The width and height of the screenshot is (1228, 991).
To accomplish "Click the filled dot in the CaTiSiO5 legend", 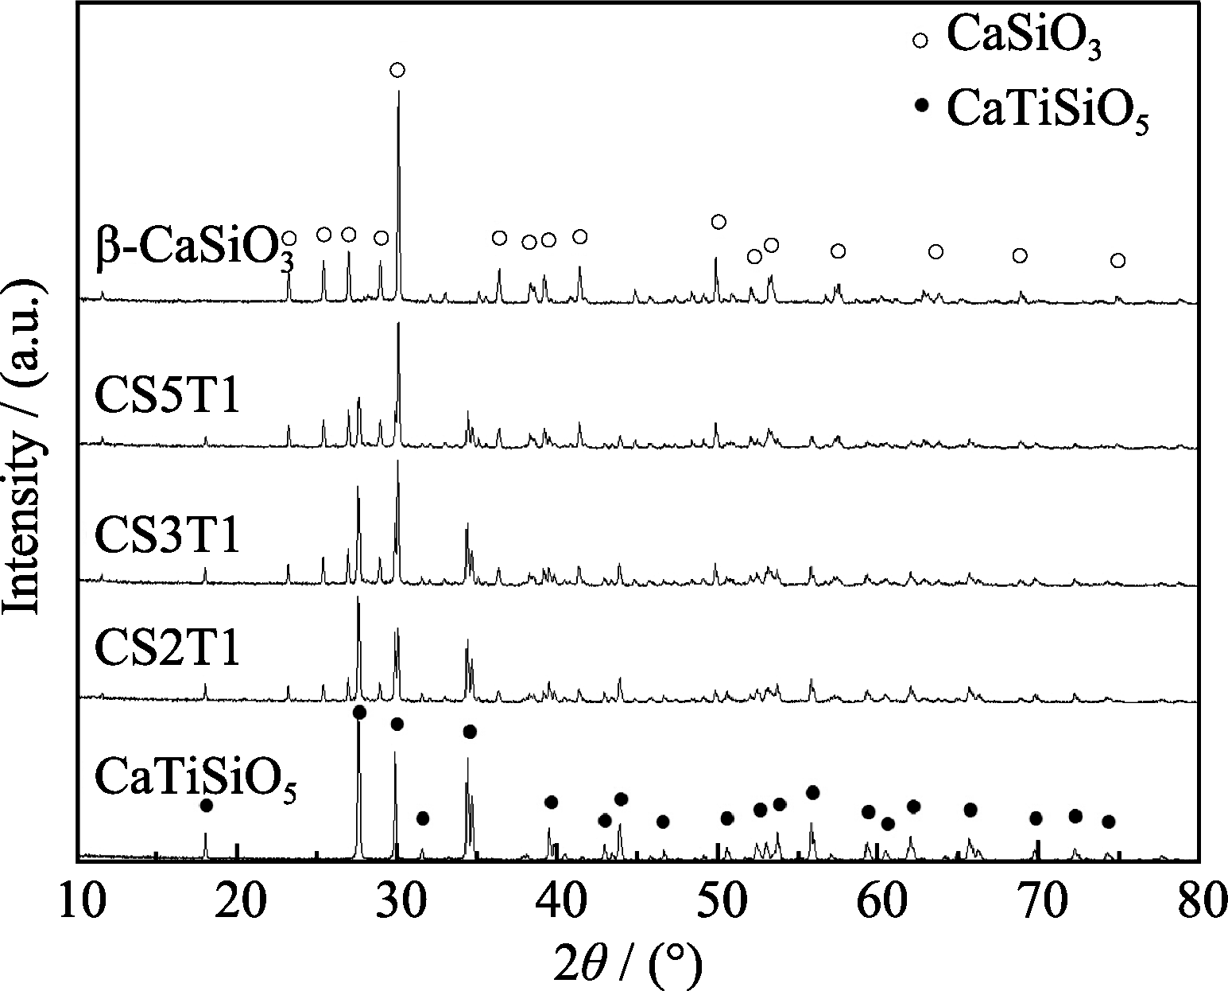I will click(921, 104).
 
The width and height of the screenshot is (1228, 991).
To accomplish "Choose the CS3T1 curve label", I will click(167, 534).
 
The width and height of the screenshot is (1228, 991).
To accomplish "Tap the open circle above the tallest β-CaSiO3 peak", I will click(397, 70).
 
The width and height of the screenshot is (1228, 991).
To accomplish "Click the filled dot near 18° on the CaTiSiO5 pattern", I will click(206, 806).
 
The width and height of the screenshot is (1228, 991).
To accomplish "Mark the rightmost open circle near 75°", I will click(1118, 261).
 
